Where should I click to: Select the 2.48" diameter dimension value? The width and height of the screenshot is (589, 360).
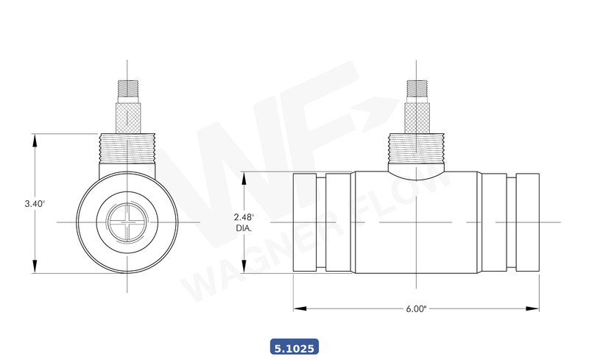244,217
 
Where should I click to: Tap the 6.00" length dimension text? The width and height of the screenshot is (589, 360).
416,309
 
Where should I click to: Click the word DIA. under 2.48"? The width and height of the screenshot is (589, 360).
244,228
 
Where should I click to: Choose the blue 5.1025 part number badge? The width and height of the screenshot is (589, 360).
294,345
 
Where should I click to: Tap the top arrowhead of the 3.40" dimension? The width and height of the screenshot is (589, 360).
35,138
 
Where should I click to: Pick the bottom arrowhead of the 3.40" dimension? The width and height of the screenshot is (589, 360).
35,269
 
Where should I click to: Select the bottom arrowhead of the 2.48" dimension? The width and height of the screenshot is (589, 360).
244,269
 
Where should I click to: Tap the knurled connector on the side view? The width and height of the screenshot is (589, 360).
417,118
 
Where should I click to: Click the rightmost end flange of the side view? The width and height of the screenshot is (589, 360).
528,222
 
